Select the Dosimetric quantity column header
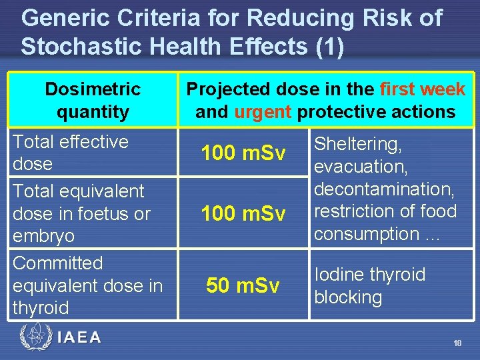point(93,100)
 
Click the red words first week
point(423,89)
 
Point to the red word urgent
point(263,111)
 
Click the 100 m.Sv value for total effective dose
point(243,153)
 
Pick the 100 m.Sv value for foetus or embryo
point(243,214)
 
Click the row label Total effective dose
point(70,153)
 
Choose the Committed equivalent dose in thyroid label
point(87,285)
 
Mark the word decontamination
point(384,189)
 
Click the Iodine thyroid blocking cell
point(369,285)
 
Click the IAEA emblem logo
point(34,337)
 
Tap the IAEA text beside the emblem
point(79,337)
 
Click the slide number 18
point(457,343)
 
